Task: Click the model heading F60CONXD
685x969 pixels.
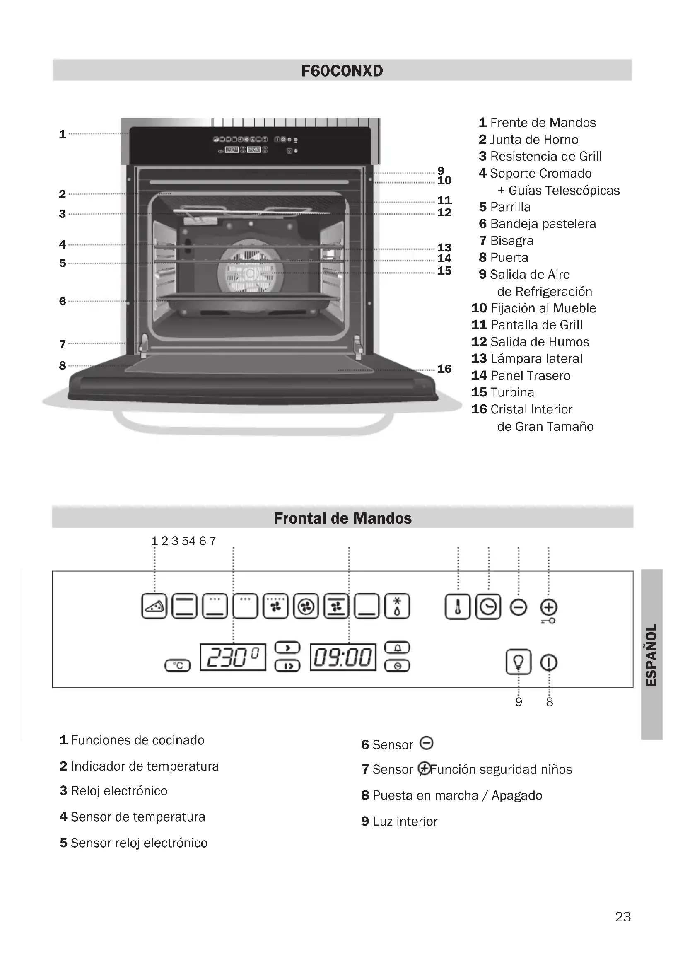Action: coord(342,71)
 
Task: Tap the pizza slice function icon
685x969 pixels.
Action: coord(154,607)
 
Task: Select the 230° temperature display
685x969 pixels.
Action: coord(233,657)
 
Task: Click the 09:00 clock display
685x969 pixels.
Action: coord(343,657)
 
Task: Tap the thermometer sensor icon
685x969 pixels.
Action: coord(458,607)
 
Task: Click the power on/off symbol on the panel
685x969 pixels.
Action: coord(549,662)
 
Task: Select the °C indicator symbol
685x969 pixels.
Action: coord(178,666)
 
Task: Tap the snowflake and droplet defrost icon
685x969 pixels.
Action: coord(397,607)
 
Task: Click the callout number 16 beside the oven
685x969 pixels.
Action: coord(444,369)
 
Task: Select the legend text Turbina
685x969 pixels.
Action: coord(511,392)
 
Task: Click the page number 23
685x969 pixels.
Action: coord(622,917)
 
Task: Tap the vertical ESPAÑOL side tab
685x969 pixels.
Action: coord(651,655)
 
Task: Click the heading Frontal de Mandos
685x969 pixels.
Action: coord(342,518)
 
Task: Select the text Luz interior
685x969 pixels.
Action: coord(405,821)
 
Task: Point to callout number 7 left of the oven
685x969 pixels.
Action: coord(63,344)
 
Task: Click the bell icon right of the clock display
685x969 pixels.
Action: coord(397,648)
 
